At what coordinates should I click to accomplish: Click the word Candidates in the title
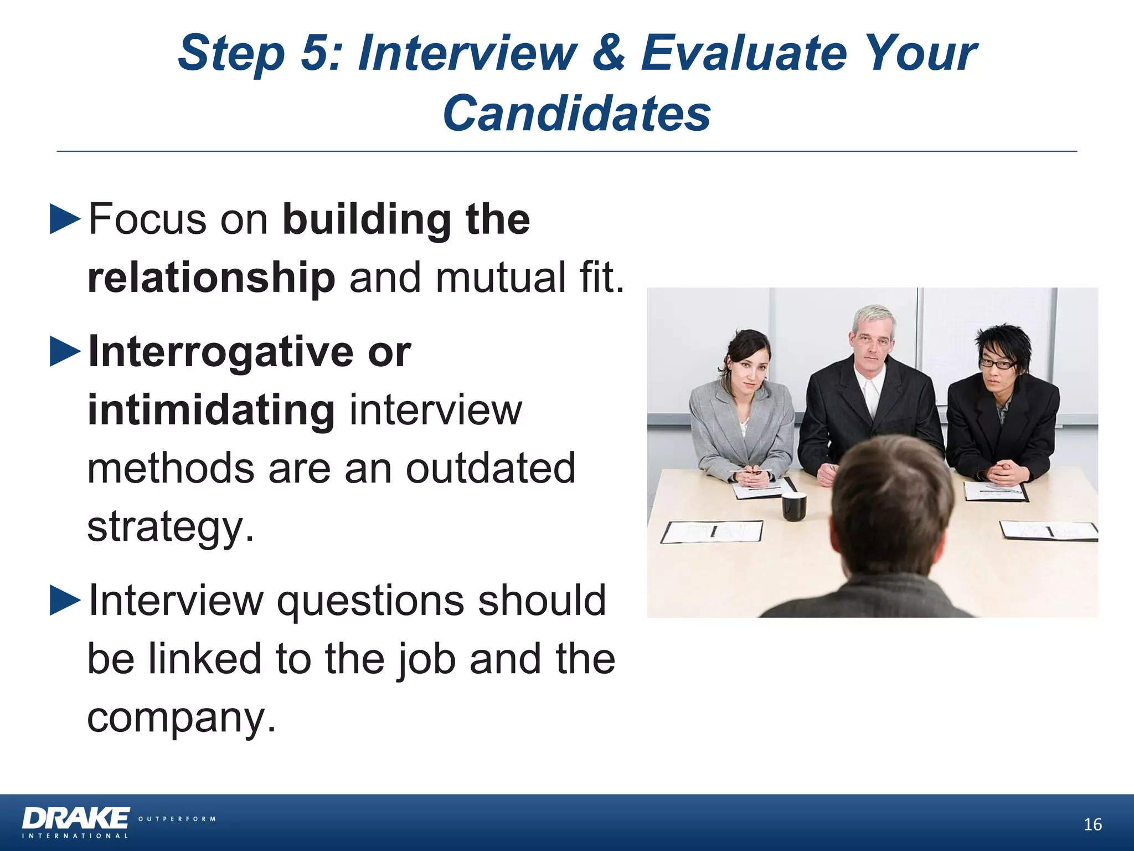[x=576, y=114]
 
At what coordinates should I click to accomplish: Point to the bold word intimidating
[x=211, y=411]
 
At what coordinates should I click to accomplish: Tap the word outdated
[x=491, y=468]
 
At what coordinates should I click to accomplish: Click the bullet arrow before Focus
[x=65, y=219]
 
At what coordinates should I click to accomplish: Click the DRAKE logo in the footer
[x=76, y=818]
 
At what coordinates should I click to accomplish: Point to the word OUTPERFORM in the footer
[x=177, y=819]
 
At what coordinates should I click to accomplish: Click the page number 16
[x=1092, y=824]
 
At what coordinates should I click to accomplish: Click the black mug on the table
[x=793, y=506]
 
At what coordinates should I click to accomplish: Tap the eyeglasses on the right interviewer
[x=998, y=364]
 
